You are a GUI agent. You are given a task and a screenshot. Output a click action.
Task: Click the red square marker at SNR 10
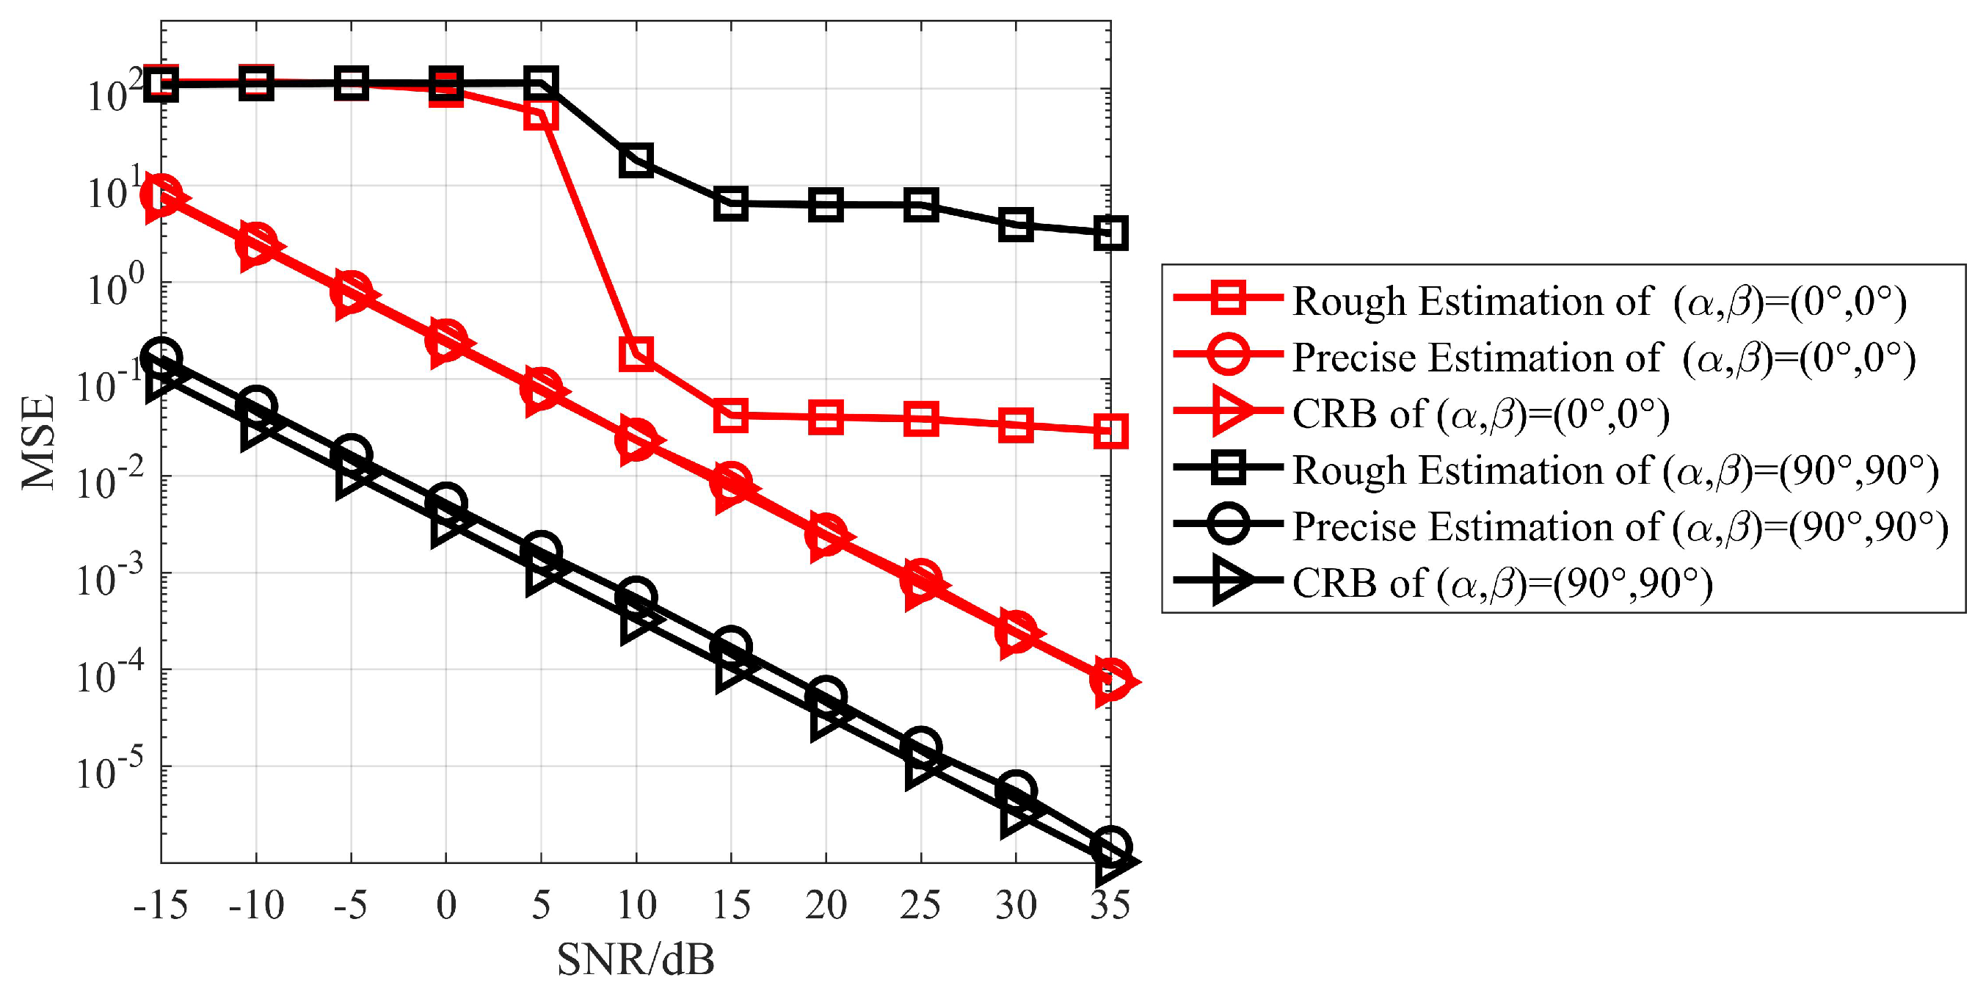pyautogui.click(x=636, y=353)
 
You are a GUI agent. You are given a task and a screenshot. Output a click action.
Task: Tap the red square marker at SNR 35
pyautogui.click(x=1110, y=431)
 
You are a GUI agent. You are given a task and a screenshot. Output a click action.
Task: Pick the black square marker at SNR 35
pyautogui.click(x=1110, y=233)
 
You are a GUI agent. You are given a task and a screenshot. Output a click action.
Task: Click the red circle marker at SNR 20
pyautogui.click(x=826, y=533)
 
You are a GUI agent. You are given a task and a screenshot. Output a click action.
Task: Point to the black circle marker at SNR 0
pyautogui.click(x=446, y=503)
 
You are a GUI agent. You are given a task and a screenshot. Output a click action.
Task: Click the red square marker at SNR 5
pyautogui.click(x=541, y=115)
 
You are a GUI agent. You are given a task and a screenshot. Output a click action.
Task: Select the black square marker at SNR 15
pyautogui.click(x=731, y=203)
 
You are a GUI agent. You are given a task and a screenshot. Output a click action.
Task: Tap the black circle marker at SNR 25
pyautogui.click(x=920, y=746)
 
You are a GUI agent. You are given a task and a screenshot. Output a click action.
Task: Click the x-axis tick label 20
pyautogui.click(x=826, y=904)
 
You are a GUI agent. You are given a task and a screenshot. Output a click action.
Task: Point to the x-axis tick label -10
pyautogui.click(x=256, y=904)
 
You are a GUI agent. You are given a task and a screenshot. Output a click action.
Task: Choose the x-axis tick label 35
pyautogui.click(x=1110, y=904)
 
